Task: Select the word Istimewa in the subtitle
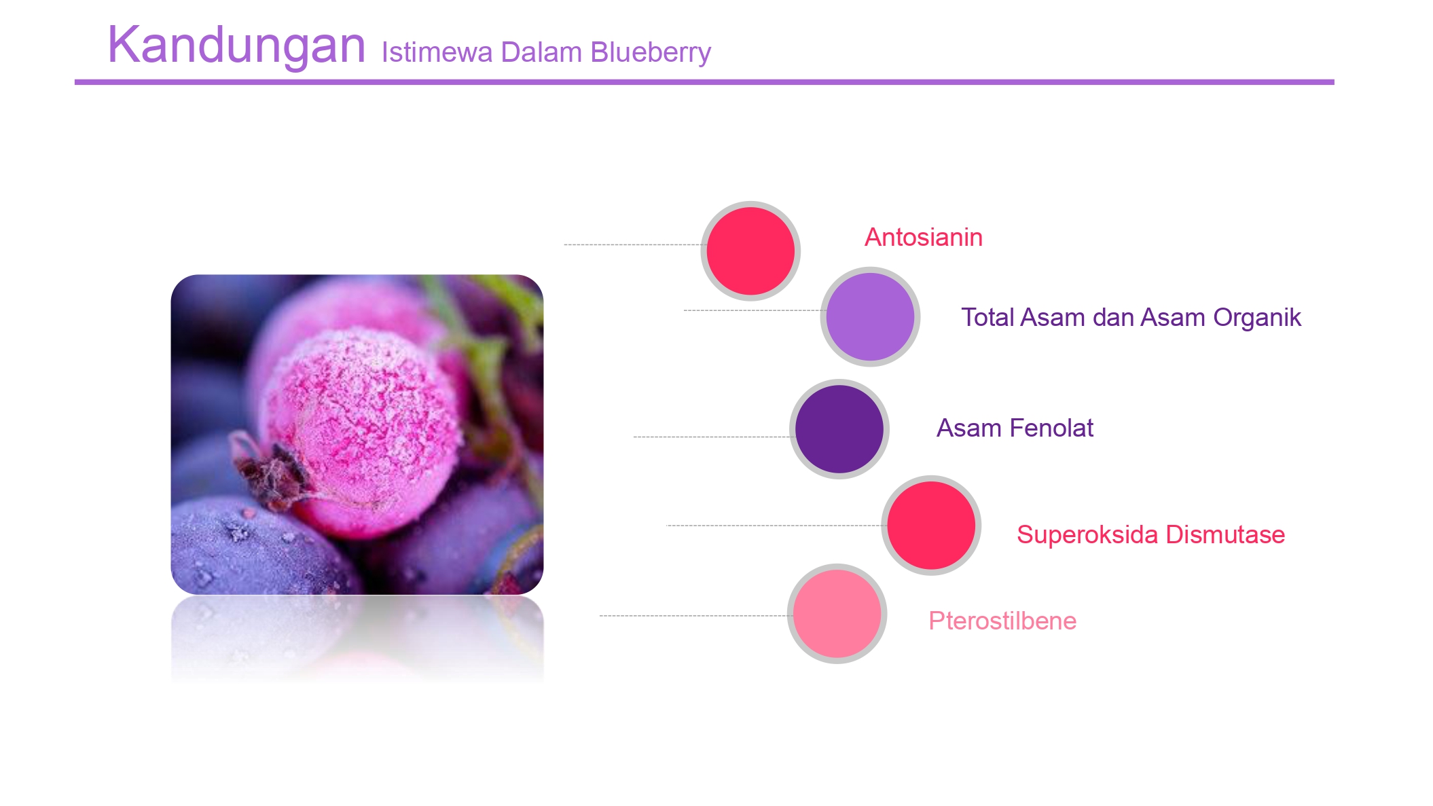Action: coord(437,52)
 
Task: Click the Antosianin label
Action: coord(924,238)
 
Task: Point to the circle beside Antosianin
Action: coord(750,251)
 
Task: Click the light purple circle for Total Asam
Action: coord(870,317)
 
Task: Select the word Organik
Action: coord(1257,318)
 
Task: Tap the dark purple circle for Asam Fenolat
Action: coord(839,429)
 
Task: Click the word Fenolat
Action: coord(1051,428)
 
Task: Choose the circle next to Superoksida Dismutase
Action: coord(931,526)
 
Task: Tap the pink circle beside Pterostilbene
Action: coord(837,614)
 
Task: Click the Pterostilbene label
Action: coord(1002,621)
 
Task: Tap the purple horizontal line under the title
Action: coord(704,82)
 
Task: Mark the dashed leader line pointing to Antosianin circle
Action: coord(636,244)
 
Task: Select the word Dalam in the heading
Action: coord(541,52)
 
